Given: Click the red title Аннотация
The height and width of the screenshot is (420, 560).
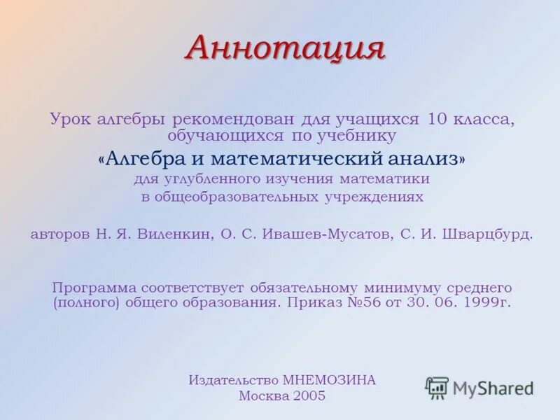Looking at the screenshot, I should (286, 48).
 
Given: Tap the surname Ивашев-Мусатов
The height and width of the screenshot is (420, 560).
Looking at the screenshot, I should (325, 234).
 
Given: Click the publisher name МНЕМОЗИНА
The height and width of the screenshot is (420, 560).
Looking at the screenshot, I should (330, 380).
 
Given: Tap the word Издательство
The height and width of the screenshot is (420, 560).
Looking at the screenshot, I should (233, 380).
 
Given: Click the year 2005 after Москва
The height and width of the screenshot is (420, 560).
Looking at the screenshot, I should (309, 396).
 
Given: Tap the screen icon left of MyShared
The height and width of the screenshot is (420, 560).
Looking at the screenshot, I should (437, 387).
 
